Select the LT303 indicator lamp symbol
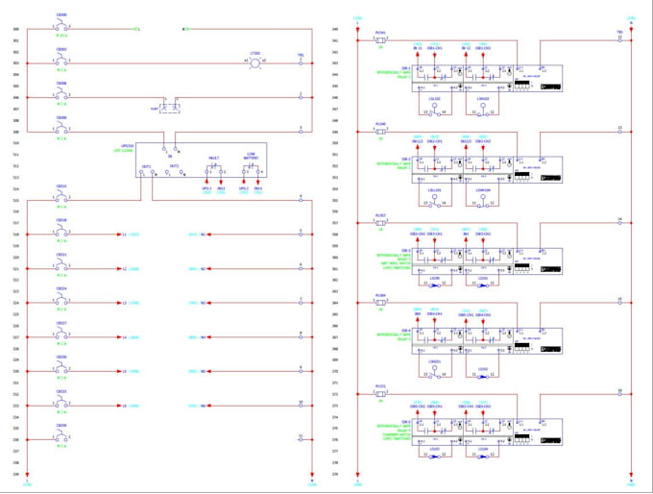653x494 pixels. (254, 62)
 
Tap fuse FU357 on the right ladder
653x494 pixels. (381, 223)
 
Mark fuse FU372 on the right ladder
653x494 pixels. (381, 394)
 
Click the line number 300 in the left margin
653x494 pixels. (15, 29)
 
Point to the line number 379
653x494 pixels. (334, 474)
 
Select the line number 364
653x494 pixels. (334, 303)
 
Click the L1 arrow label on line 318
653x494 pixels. (124, 234)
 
